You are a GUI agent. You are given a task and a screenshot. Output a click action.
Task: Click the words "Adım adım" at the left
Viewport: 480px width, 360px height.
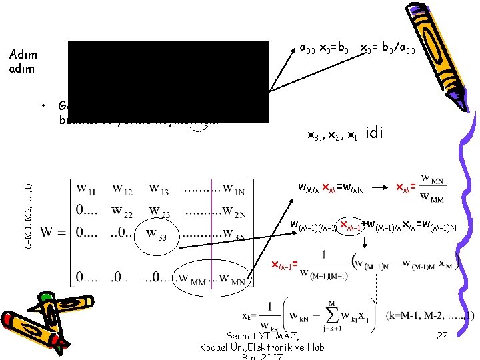[25, 62]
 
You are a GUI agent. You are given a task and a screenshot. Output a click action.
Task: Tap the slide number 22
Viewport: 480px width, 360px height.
[442, 336]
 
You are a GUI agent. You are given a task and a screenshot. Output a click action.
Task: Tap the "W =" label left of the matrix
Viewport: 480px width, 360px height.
[53, 234]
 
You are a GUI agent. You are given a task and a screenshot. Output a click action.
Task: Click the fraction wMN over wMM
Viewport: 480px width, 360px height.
[433, 189]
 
